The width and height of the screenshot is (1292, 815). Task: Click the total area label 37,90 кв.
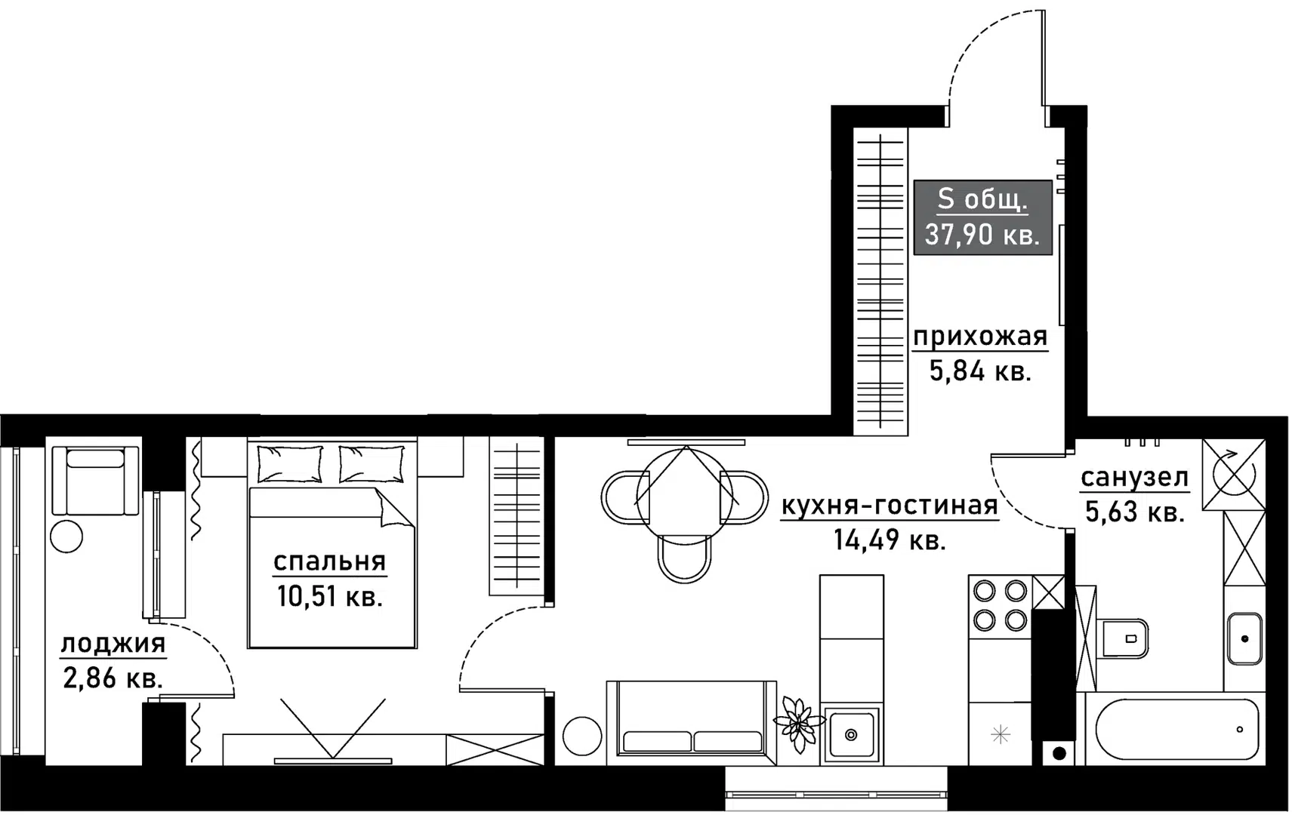tap(982, 235)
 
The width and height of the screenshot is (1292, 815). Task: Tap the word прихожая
tap(980, 337)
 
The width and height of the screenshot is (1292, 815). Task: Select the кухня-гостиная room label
tap(890, 506)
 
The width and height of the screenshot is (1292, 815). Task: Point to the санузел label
tap(1134, 477)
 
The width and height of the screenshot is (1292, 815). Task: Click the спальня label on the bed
tap(329, 561)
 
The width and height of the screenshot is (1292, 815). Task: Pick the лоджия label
tap(113, 643)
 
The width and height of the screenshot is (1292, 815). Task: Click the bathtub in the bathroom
tap(1176, 729)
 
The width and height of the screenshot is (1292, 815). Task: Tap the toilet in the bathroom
tap(1124, 638)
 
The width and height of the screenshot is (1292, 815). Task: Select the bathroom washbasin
tap(1244, 638)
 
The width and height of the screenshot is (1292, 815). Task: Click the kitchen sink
tap(851, 733)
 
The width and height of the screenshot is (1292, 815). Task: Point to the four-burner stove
tap(1000, 606)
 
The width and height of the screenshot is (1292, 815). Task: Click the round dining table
tap(685, 495)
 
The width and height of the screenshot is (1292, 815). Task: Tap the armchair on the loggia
tap(95, 480)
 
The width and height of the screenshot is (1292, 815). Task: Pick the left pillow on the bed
tap(289, 463)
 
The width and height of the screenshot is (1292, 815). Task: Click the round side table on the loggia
tap(66, 537)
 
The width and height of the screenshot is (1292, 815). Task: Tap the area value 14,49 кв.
tap(890, 540)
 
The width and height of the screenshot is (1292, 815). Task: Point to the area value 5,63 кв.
tap(1134, 511)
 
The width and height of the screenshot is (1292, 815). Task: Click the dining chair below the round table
tap(684, 559)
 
